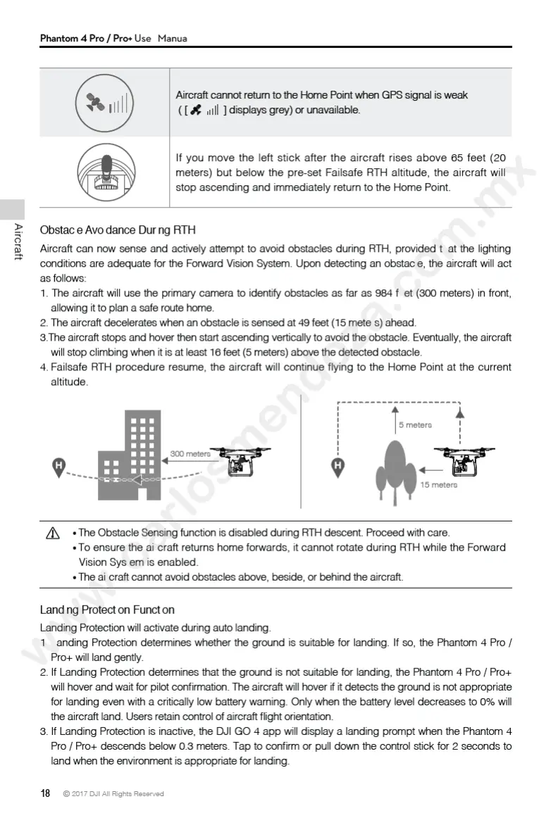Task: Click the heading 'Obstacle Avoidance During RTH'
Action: (118, 230)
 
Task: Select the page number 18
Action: (45, 793)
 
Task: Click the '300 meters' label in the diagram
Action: (190, 454)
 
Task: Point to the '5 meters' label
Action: (415, 425)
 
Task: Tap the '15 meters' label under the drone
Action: (438, 484)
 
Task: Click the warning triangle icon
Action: (52, 534)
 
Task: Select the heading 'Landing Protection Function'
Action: (107, 610)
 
